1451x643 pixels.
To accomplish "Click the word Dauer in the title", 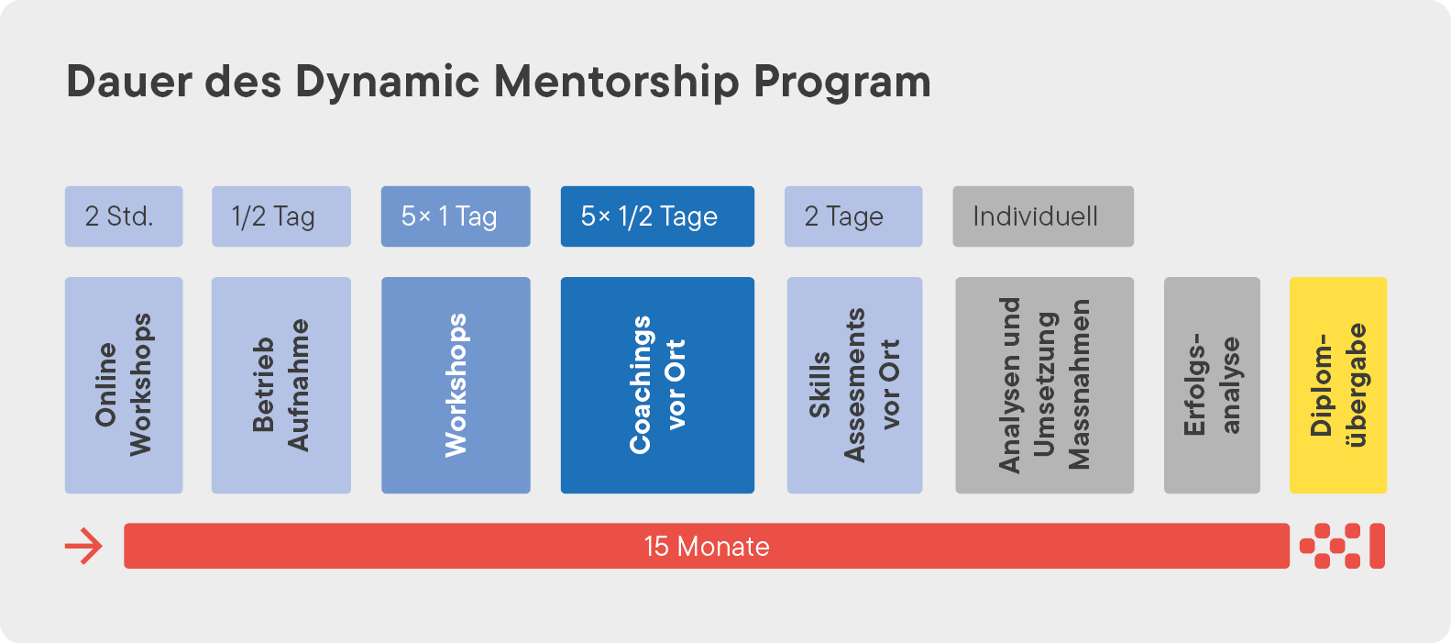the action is (x=129, y=82).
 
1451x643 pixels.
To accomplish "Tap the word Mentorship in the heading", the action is (x=616, y=82).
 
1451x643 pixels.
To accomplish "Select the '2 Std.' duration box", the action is (x=124, y=216).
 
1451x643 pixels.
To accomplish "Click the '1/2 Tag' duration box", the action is (x=281, y=216).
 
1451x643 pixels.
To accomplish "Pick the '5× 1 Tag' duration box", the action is (x=456, y=216).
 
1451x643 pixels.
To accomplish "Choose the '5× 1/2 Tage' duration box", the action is (x=657, y=216).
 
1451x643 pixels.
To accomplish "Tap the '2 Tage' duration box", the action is (x=853, y=216).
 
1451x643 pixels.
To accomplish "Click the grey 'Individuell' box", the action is (x=1043, y=216).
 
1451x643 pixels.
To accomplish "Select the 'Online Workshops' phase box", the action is (x=124, y=385).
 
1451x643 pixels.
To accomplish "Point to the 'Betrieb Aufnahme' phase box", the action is (x=281, y=385).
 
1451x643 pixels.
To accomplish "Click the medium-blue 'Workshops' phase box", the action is (x=456, y=385).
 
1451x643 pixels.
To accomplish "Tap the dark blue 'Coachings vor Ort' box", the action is (x=657, y=385).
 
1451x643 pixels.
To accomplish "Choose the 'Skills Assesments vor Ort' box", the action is (x=854, y=385).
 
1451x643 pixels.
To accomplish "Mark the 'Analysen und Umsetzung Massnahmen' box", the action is (x=1044, y=385).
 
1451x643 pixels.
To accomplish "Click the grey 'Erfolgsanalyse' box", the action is (x=1212, y=385).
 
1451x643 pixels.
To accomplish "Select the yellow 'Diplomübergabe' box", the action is (x=1338, y=385).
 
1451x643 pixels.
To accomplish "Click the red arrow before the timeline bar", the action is (x=83, y=547).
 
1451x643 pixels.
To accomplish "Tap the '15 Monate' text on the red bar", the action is (x=707, y=547).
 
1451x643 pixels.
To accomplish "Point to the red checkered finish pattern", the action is (x=1342, y=546).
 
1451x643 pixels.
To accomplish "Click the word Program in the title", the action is (x=842, y=83).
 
